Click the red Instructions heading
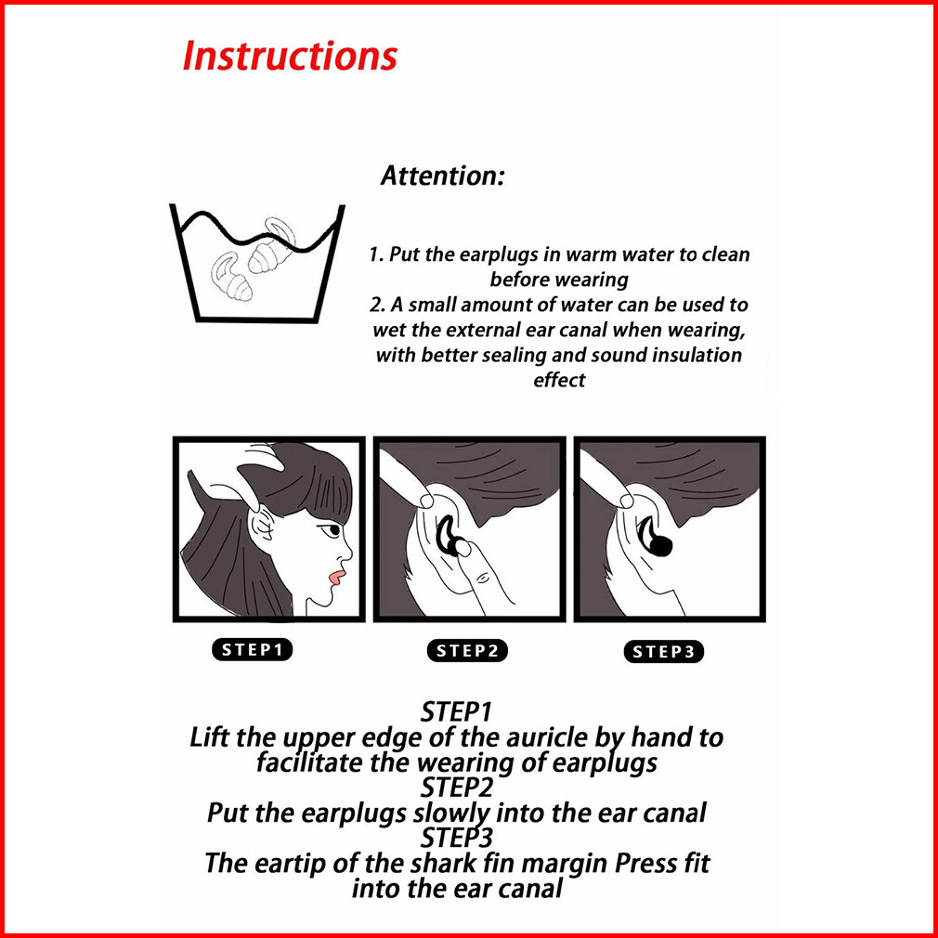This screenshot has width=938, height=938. [x=290, y=57]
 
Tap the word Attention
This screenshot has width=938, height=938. [x=442, y=176]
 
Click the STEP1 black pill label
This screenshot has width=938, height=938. [x=252, y=650]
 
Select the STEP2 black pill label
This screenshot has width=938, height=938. [x=467, y=651]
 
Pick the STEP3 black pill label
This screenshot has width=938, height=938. [x=663, y=651]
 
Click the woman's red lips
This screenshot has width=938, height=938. [x=336, y=577]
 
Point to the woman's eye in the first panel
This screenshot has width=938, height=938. [x=331, y=530]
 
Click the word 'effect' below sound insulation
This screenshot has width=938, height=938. [x=559, y=380]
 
